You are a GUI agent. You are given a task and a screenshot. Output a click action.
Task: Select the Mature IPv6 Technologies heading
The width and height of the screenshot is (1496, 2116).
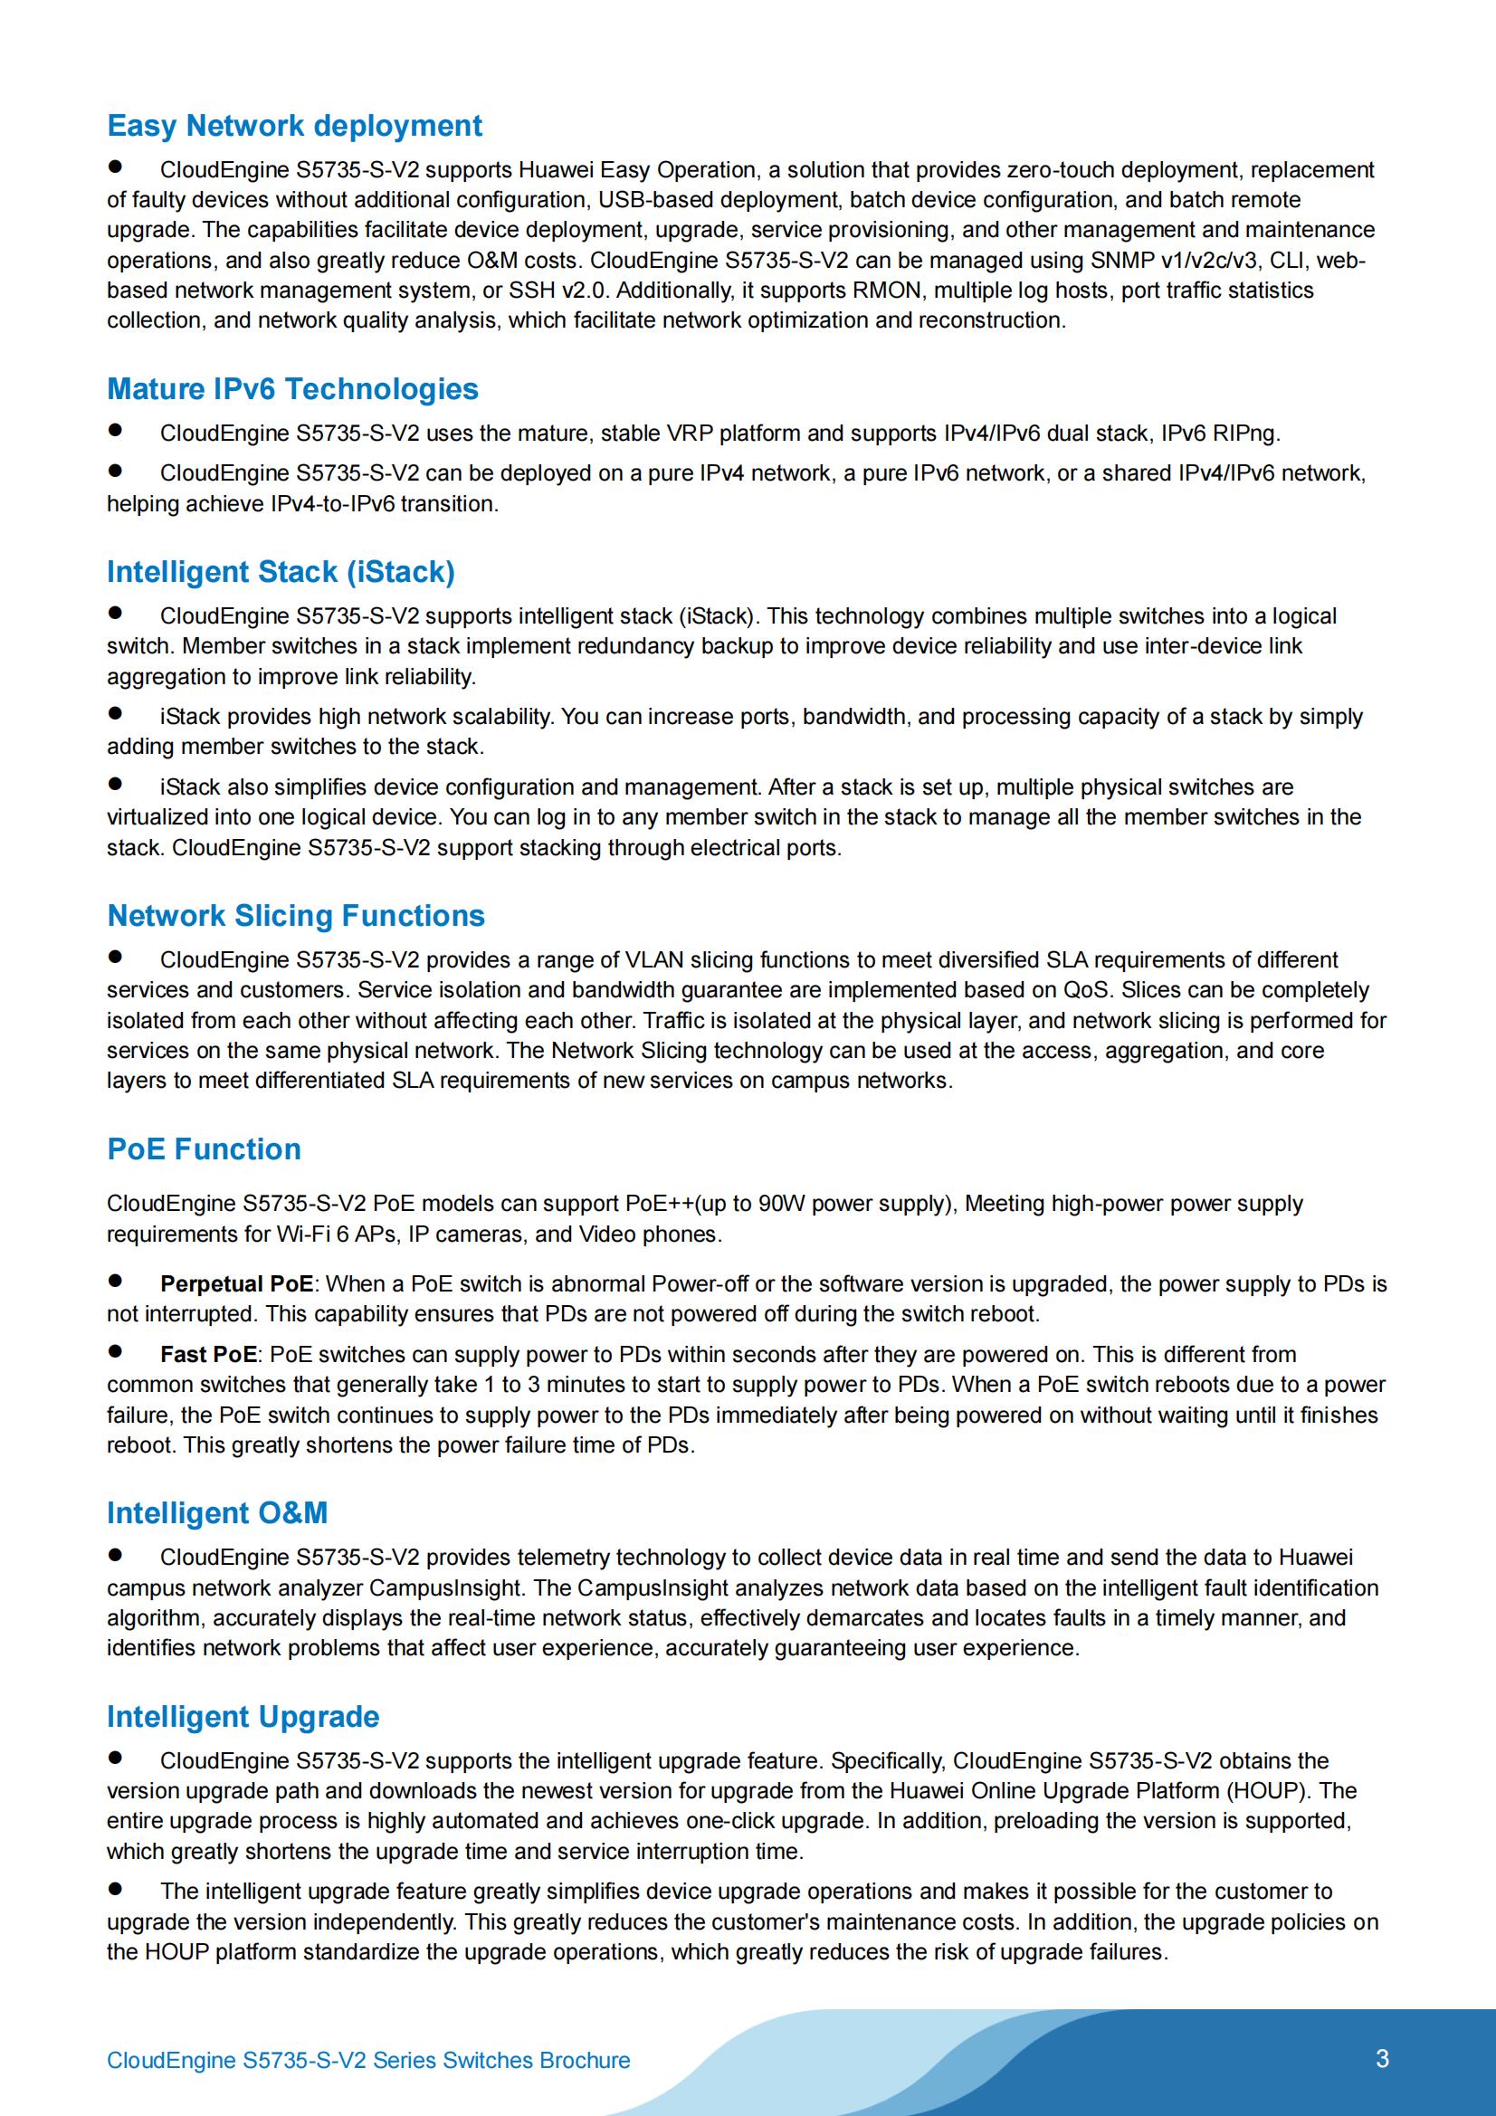click(292, 389)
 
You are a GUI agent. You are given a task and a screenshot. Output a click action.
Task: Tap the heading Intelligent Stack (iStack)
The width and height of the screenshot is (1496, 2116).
click(281, 571)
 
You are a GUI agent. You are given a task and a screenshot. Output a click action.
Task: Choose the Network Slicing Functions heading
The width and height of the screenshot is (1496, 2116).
click(296, 915)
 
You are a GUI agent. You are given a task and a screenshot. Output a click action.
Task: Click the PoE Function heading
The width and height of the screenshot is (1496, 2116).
click(204, 1149)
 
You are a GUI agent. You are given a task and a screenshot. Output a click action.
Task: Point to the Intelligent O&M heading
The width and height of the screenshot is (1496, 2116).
click(216, 1512)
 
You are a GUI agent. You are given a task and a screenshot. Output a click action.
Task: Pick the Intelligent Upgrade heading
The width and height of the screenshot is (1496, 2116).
click(243, 1716)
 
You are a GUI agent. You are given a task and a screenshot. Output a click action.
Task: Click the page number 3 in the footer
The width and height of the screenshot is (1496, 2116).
click(1382, 2058)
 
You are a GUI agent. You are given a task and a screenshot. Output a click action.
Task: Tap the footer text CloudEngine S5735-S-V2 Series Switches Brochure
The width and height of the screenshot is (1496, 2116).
click(367, 2060)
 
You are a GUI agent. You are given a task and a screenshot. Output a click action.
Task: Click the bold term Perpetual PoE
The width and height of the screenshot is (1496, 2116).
click(236, 1283)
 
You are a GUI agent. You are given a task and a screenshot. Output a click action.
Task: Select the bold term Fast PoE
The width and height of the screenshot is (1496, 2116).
click(208, 1354)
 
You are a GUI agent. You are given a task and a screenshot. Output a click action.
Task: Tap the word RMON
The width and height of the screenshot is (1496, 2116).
click(887, 291)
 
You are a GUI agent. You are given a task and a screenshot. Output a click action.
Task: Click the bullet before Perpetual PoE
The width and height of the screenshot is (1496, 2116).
click(115, 1280)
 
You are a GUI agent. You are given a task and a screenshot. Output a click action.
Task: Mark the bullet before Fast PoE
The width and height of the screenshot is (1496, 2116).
click(115, 1351)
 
